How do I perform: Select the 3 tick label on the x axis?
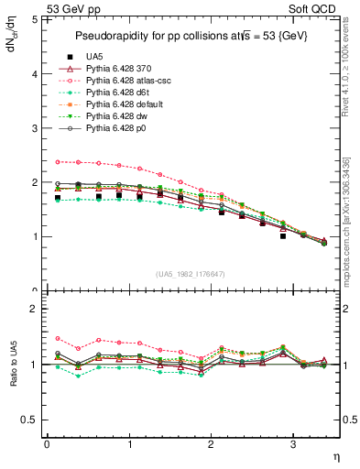tap(292, 444)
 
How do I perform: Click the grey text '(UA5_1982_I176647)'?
tap(193, 274)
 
